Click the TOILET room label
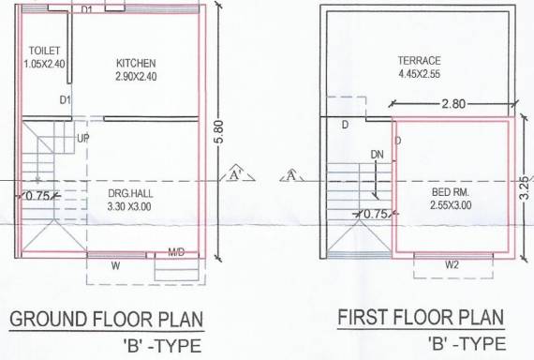point(44,50)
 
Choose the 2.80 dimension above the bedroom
point(452,102)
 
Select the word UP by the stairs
point(83,137)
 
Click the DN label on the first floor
point(377,155)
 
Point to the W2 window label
point(452,265)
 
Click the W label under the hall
point(115,265)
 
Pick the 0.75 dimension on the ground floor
point(37,196)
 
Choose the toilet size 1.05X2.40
point(45,64)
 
